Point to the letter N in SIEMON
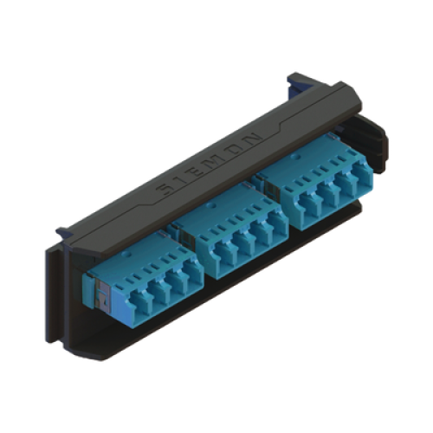(x=253, y=139)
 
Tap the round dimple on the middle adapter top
(x=212, y=206)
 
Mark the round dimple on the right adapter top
(x=294, y=158)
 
